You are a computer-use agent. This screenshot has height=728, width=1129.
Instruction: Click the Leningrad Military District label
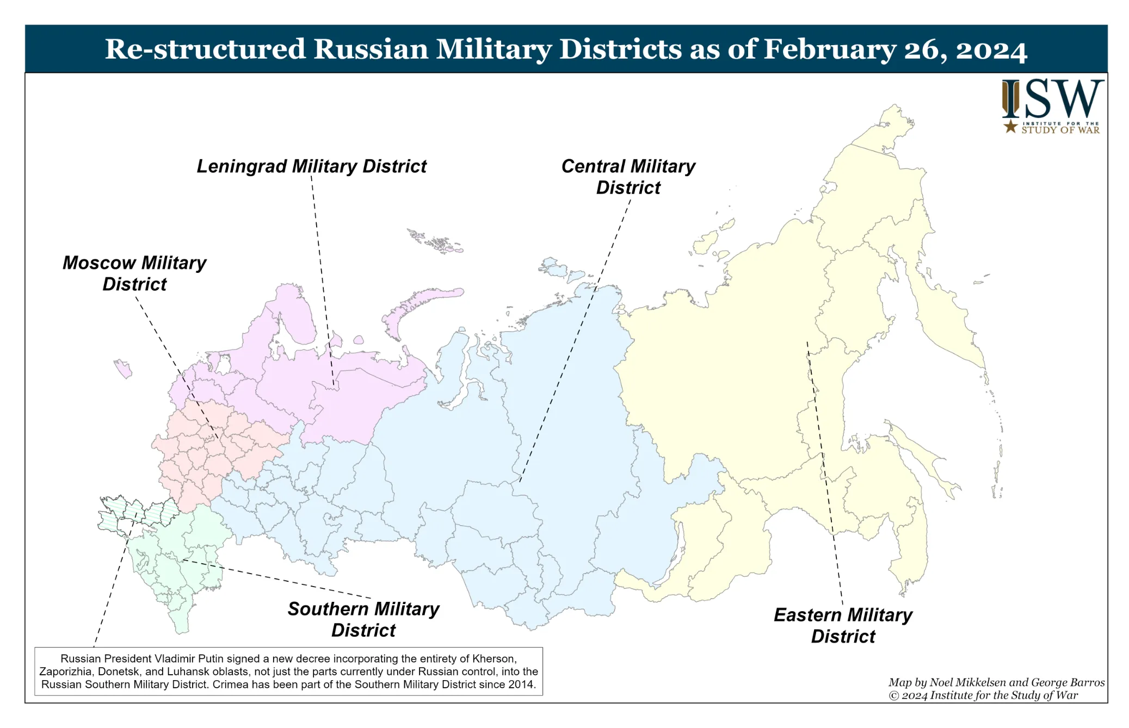point(311,166)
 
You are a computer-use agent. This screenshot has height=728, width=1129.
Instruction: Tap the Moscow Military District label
point(134,273)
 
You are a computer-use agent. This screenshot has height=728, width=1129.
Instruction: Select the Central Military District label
point(628,176)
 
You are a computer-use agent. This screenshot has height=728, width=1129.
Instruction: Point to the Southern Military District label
point(363,619)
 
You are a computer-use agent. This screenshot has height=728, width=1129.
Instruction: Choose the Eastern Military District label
point(843,625)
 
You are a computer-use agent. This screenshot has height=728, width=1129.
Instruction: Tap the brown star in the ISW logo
point(1010,127)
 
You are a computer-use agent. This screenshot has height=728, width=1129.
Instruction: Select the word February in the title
point(829,49)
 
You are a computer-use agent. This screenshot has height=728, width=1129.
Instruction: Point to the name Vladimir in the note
point(194,658)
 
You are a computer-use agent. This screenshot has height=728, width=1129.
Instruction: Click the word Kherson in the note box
point(493,658)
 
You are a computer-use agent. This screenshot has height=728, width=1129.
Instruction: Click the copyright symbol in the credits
point(893,696)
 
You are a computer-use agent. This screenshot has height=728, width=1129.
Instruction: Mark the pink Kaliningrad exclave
point(124,369)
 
